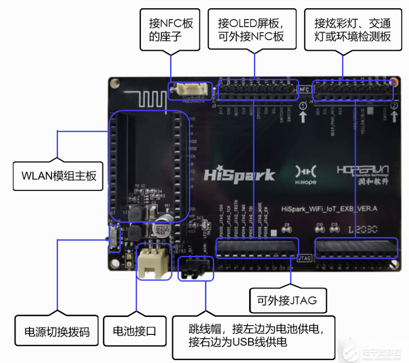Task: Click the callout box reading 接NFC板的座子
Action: pos(170,30)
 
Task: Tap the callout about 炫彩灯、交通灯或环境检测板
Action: pos(353,30)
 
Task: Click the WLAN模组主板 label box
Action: pos(59,175)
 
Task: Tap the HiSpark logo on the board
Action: pos(239,174)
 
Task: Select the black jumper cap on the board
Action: pos(196,269)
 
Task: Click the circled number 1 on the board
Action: pos(303,106)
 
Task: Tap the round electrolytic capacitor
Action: pos(161,228)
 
